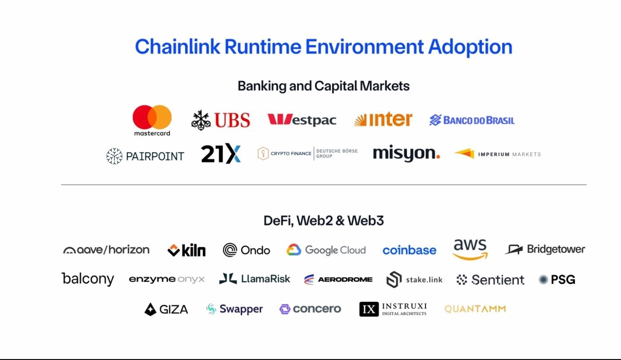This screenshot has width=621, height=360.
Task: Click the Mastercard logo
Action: (x=152, y=120)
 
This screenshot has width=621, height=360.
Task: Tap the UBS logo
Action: (x=221, y=120)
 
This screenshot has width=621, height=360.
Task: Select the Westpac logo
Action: (x=302, y=120)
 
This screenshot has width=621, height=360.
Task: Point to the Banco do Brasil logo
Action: (x=472, y=120)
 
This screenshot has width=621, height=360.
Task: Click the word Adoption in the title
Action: (x=470, y=47)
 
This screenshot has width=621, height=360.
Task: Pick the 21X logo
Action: (x=221, y=154)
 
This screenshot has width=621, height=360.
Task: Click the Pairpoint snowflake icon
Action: (x=114, y=156)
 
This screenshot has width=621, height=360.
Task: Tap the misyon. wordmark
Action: (x=406, y=154)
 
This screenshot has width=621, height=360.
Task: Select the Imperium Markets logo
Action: (x=497, y=154)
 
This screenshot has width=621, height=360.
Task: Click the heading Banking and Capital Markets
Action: (x=323, y=86)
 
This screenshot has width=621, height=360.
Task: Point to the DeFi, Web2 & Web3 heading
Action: (x=323, y=221)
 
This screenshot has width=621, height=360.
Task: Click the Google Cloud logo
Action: (x=326, y=250)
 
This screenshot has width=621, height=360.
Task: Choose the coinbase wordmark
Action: (x=409, y=250)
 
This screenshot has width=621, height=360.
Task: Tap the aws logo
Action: (x=470, y=249)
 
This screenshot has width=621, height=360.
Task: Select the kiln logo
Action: (x=186, y=250)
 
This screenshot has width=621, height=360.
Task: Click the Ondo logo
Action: (x=246, y=250)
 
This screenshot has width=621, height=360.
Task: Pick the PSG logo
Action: (x=557, y=280)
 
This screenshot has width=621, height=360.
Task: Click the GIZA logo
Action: (x=166, y=309)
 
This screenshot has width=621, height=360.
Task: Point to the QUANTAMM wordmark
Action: (x=475, y=309)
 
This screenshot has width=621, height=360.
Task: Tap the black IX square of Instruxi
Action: (x=369, y=309)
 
